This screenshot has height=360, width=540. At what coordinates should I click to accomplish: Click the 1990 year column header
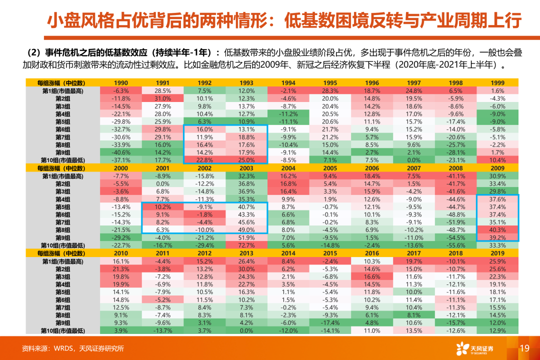point(121,83)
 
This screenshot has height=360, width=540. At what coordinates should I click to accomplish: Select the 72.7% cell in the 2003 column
point(246,245)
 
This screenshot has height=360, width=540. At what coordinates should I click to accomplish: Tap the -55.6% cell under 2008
point(455,245)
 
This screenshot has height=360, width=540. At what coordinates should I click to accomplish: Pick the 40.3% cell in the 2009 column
point(497,230)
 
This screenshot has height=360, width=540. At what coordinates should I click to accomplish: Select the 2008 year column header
point(455,168)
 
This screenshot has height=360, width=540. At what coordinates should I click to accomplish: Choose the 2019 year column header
point(497,253)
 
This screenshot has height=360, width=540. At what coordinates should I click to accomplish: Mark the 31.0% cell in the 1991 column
point(163,98)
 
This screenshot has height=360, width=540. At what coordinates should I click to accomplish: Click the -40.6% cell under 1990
point(121,152)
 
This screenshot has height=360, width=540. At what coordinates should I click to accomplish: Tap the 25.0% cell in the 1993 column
point(246,160)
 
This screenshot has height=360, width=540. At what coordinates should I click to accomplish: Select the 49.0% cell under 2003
point(246,230)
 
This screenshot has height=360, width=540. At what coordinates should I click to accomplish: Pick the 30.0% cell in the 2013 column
point(246,269)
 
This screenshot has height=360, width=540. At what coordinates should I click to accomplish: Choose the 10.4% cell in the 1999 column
point(497,160)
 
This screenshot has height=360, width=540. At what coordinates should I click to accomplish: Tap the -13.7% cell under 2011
point(163,331)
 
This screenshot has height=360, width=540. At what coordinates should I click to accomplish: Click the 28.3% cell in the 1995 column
point(330,91)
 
